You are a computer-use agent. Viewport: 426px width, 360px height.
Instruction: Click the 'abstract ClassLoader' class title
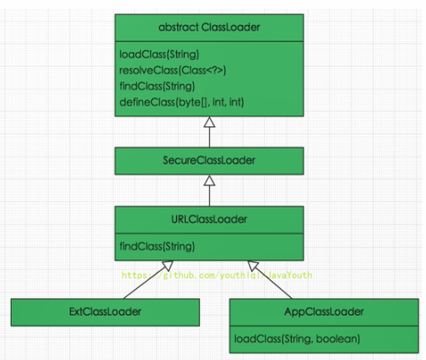click(x=209, y=28)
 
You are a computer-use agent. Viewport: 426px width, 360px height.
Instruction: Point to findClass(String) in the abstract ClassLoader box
click(x=157, y=86)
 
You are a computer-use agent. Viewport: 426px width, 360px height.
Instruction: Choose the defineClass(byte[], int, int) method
click(x=181, y=103)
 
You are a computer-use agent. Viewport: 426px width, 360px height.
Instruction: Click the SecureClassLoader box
click(x=209, y=160)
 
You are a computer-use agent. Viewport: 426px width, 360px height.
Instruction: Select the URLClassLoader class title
click(x=209, y=219)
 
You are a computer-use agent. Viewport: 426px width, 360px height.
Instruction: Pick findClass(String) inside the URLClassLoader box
click(x=157, y=246)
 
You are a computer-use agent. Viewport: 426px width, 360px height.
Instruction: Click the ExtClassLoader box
click(x=105, y=312)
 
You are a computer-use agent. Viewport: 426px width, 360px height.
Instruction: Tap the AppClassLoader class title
click(x=323, y=312)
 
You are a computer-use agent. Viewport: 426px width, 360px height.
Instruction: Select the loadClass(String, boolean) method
click(x=297, y=339)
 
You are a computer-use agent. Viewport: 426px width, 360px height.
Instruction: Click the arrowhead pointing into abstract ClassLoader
click(x=209, y=122)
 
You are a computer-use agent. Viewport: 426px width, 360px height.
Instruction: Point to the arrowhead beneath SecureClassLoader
click(x=209, y=180)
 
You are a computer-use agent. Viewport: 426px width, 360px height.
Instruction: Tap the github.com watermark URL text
click(x=217, y=275)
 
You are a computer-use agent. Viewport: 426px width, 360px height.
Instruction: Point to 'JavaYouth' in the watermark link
click(x=290, y=275)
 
